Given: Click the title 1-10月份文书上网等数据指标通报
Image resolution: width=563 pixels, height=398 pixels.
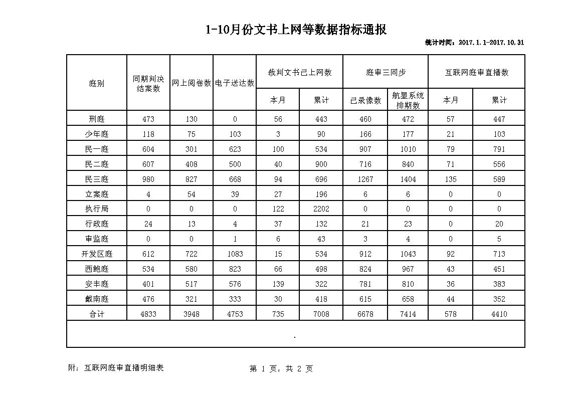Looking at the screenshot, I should [x=296, y=30].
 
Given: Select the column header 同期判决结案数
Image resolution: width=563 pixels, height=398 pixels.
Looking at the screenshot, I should [x=148, y=84].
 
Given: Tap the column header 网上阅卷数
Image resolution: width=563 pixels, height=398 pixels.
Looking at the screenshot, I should [x=192, y=83].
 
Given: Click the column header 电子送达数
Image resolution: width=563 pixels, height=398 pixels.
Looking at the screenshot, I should [x=235, y=83].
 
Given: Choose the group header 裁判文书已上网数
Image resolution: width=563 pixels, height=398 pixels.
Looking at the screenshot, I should [x=300, y=72].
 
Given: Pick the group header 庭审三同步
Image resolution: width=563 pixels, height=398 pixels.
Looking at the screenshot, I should [x=386, y=72].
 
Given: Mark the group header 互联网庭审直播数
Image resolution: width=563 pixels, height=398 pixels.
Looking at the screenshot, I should [x=477, y=72].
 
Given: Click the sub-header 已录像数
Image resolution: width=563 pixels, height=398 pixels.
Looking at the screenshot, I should [x=365, y=100].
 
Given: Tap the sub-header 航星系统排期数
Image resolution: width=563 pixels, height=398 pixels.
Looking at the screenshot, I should [x=408, y=100].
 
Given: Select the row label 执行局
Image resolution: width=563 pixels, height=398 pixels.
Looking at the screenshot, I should [x=96, y=209].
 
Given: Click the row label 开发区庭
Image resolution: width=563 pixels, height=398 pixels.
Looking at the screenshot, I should [x=96, y=254].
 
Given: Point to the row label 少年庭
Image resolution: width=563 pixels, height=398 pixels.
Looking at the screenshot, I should [x=96, y=134].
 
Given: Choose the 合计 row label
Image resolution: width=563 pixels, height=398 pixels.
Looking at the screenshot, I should [x=96, y=314].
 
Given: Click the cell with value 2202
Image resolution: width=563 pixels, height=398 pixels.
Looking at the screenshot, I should [x=321, y=209].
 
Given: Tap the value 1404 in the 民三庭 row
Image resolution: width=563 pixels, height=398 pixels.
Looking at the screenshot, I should [x=408, y=179].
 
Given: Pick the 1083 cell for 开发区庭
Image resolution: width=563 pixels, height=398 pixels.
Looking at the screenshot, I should [x=235, y=254].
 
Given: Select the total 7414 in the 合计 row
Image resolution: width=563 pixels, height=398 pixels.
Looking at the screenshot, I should [x=408, y=314].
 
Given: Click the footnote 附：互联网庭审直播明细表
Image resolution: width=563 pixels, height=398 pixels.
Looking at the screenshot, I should [x=116, y=368].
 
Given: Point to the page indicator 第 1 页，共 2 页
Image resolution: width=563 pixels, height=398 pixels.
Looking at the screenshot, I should [x=281, y=369].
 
